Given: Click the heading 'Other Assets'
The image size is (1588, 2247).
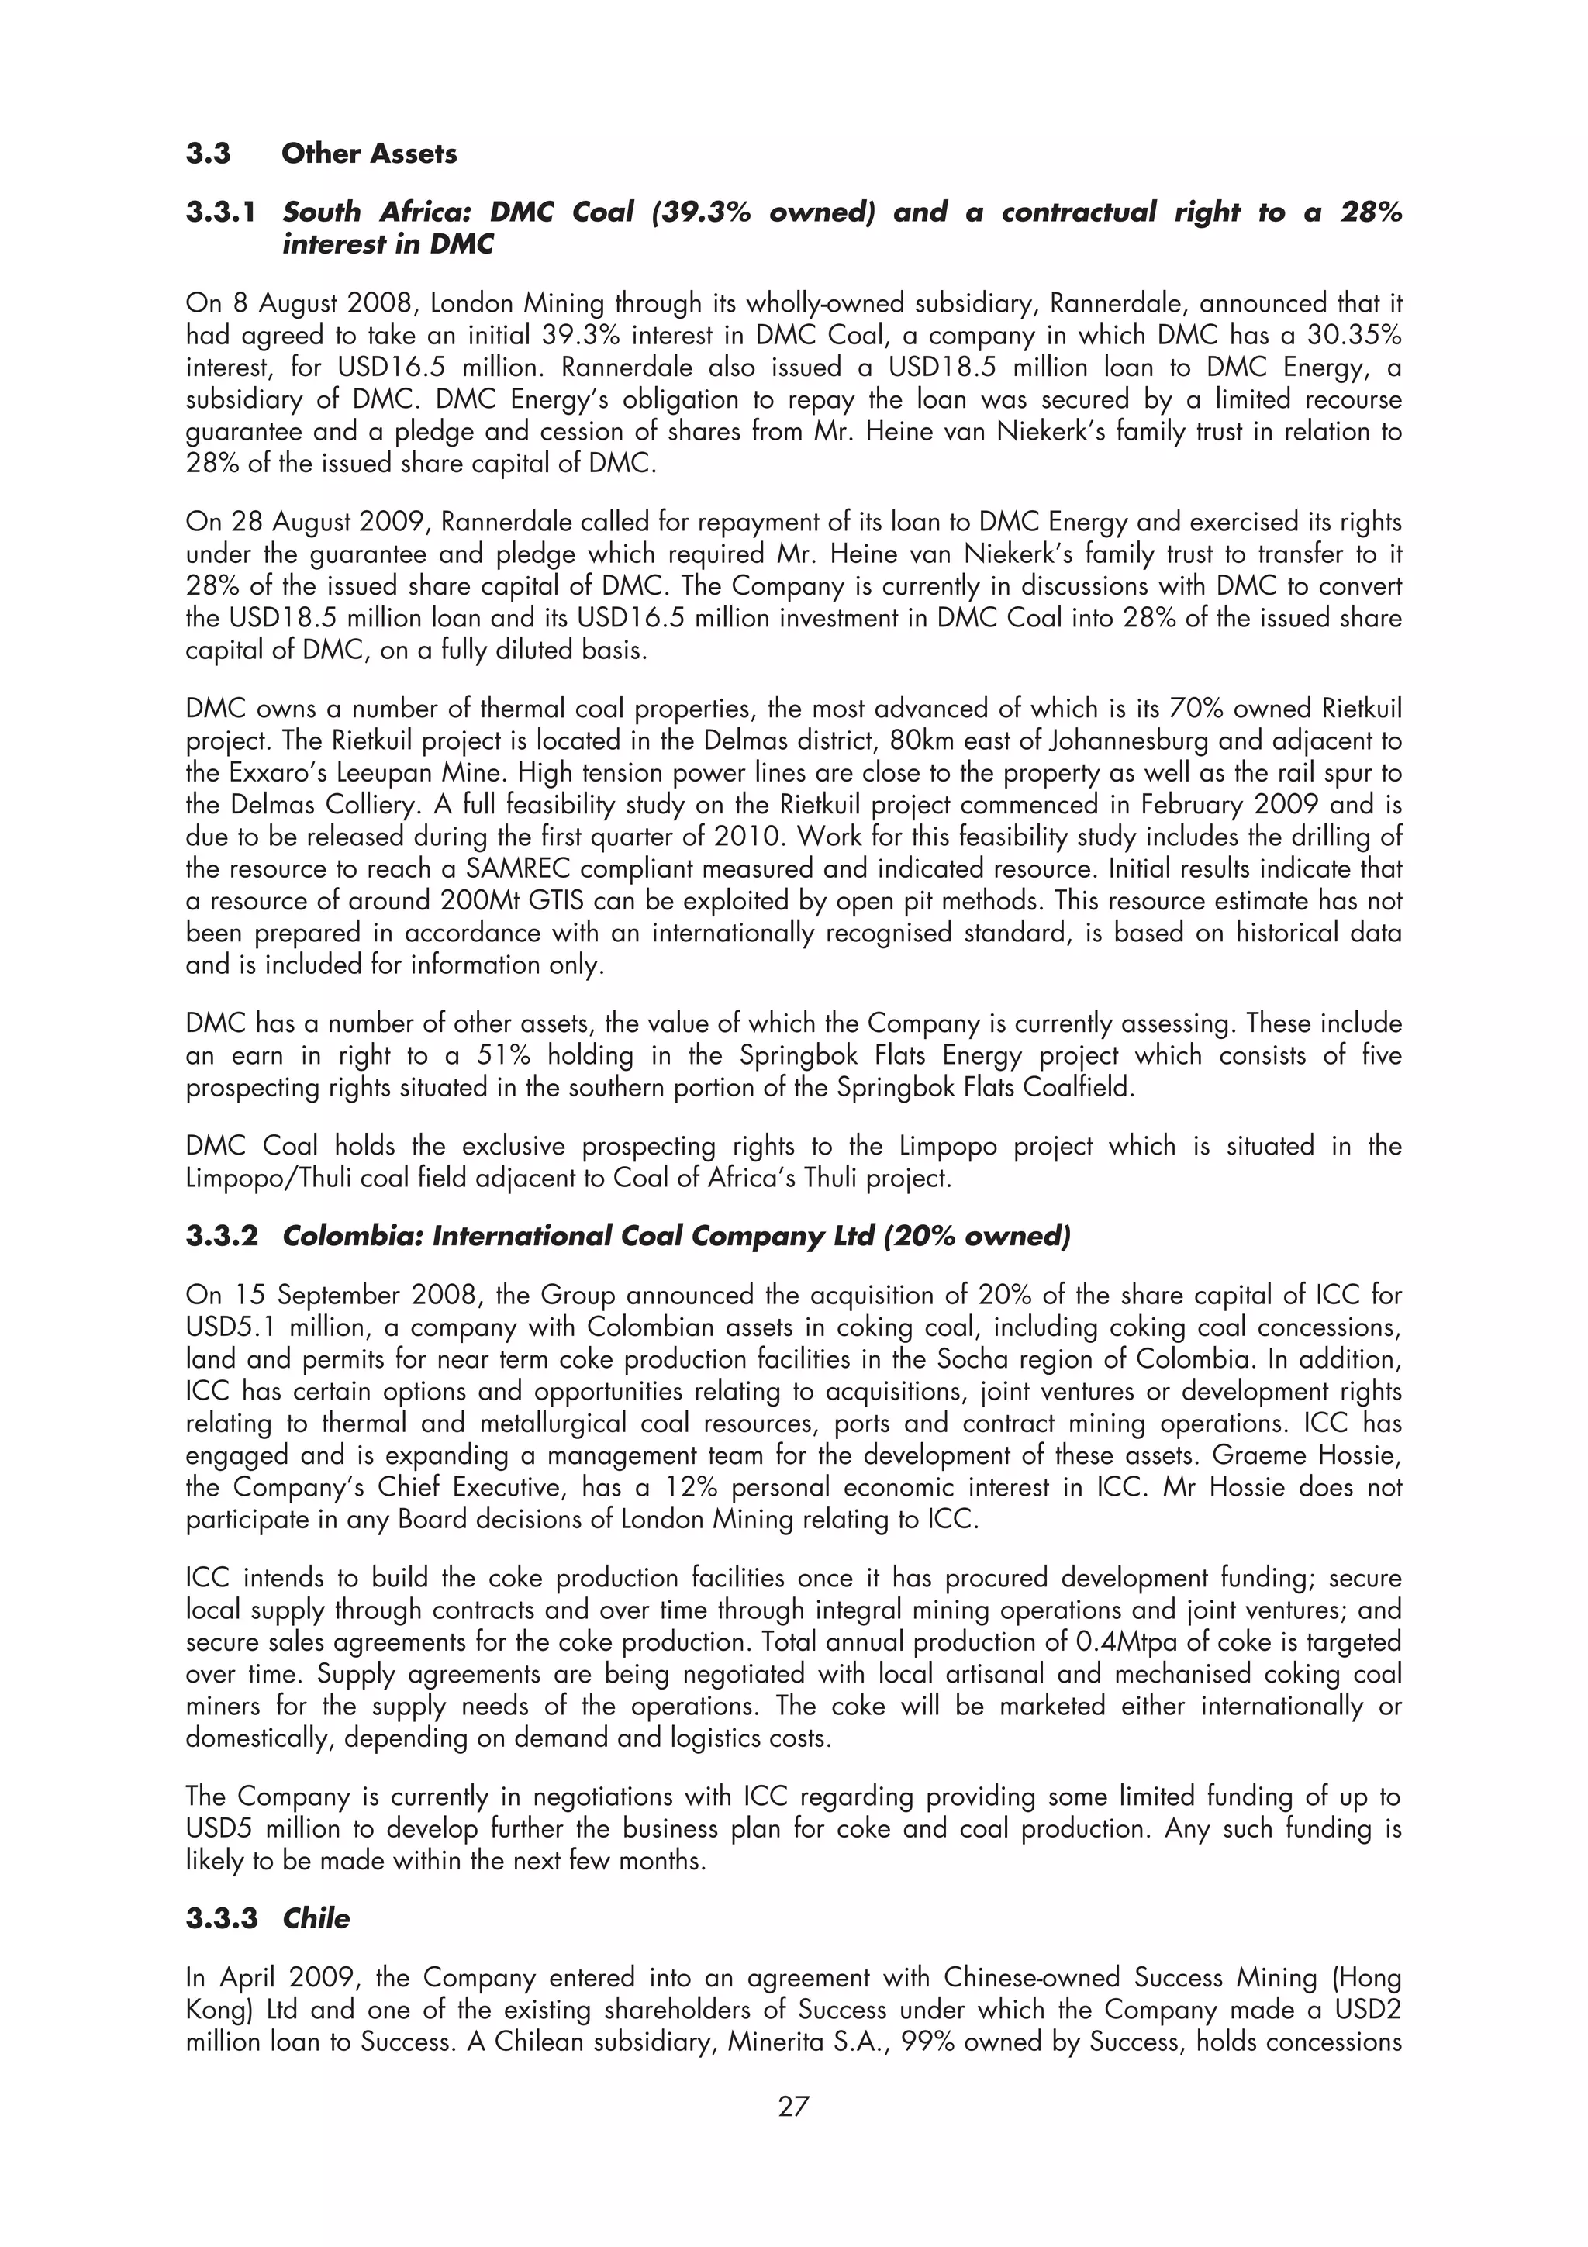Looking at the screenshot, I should (x=369, y=154).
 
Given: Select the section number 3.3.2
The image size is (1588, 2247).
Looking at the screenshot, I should (x=222, y=1236).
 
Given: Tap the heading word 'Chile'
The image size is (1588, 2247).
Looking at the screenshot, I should (x=316, y=1918).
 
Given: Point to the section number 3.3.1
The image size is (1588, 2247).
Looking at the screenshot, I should (x=222, y=212).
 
